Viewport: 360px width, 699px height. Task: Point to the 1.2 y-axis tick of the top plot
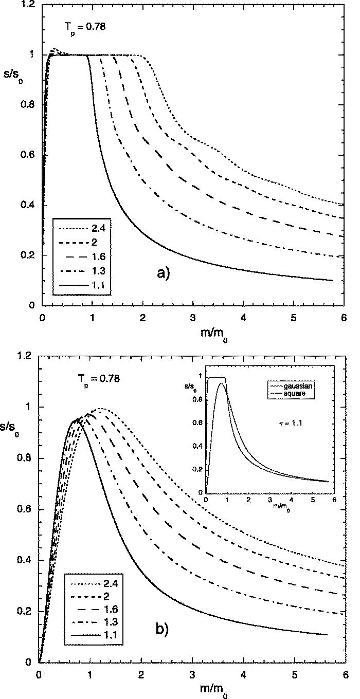pos(28,5)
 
